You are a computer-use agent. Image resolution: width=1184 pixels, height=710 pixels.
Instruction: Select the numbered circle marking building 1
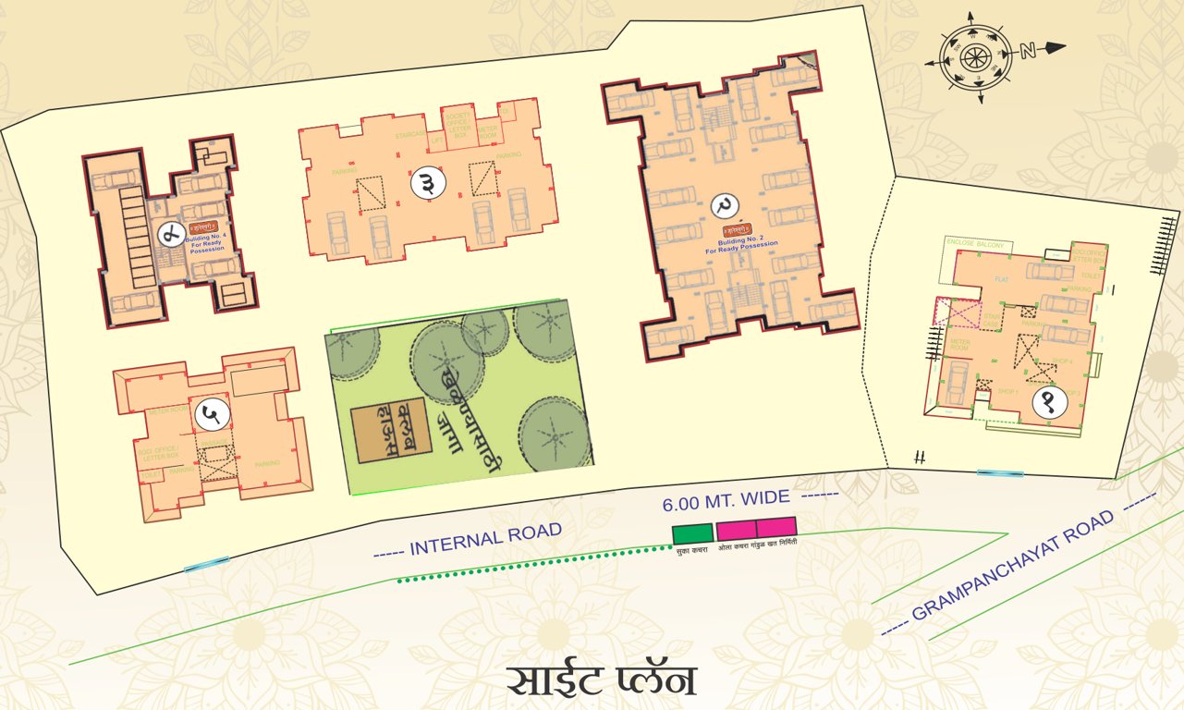coord(1053,402)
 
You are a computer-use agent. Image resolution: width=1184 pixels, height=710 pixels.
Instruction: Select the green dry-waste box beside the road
coord(692,532)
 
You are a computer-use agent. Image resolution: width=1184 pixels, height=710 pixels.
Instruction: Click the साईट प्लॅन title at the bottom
coord(601,679)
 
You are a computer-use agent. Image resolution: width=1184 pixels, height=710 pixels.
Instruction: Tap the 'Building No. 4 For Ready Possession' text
coord(205,245)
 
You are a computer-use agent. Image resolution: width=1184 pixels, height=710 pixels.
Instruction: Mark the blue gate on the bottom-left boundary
coord(206,563)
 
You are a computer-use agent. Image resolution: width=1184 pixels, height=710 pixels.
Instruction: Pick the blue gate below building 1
coord(1000,473)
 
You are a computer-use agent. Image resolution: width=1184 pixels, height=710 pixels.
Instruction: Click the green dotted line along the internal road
coord(531,563)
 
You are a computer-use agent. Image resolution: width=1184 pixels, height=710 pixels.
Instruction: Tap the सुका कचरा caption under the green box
coord(692,550)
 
